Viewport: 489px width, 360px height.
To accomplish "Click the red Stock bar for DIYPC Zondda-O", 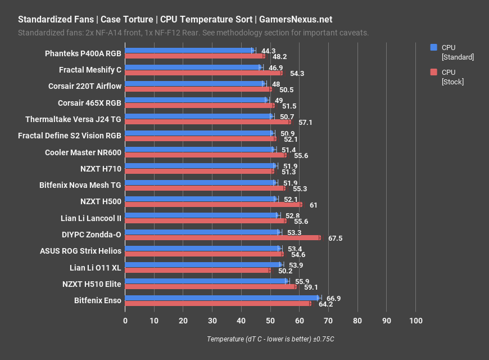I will click(223, 238).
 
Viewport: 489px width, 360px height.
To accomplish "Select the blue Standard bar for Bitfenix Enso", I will click(222, 298).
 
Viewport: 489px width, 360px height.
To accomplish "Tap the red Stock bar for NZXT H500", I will click(214, 205).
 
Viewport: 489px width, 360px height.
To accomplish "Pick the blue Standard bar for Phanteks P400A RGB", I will click(189, 51).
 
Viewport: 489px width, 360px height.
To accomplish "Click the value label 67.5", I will click(335, 238).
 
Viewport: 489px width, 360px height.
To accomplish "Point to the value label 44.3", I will click(268, 51).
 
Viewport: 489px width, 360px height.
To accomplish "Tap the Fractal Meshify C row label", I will click(90, 70).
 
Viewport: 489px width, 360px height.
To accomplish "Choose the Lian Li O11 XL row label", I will click(95, 268).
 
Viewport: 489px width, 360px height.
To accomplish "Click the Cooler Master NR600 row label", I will click(83, 152).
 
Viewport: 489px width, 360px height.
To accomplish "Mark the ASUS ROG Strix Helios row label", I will click(80, 251).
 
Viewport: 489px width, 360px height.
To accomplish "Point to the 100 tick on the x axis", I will click(415, 321).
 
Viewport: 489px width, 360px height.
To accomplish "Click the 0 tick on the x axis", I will click(125, 321).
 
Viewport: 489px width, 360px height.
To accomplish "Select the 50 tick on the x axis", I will click(270, 321).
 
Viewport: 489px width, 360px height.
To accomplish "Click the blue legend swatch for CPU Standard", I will click(433, 47).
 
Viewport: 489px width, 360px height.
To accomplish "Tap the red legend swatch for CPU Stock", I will click(433, 72).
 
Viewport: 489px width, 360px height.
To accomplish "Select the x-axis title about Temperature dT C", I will click(270, 339).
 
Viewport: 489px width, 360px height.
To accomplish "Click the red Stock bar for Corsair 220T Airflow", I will click(198, 89).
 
